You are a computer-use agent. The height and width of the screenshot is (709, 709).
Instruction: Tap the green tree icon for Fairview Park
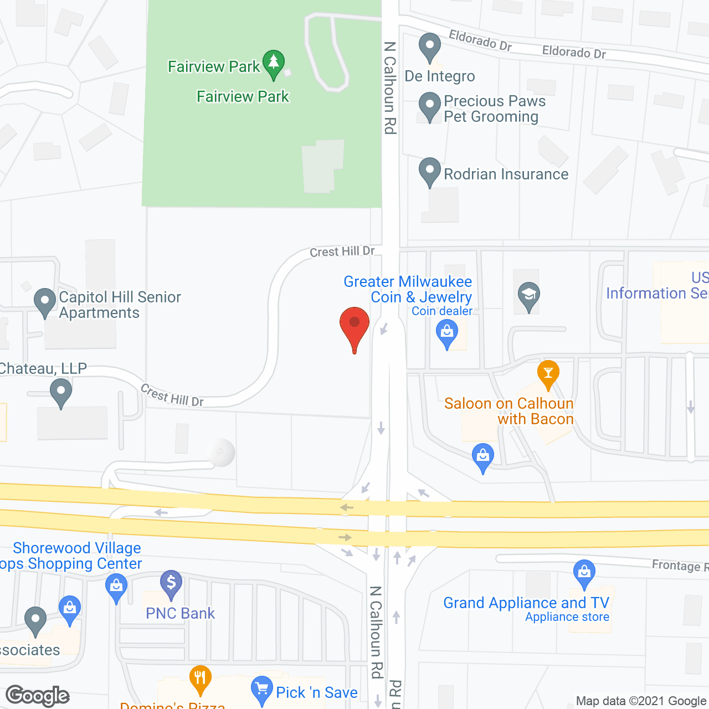tap(273, 63)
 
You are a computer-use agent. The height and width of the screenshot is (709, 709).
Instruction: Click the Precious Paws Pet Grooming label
tap(494, 109)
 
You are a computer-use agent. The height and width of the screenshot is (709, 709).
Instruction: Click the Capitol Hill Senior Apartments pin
tap(45, 302)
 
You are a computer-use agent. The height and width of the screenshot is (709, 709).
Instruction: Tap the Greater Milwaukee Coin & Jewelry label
tap(408, 289)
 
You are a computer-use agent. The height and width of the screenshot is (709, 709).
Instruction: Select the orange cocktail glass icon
tap(548, 374)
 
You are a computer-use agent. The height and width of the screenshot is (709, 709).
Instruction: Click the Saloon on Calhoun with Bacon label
tap(508, 411)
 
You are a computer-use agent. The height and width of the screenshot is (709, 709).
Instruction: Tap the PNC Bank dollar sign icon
tap(171, 584)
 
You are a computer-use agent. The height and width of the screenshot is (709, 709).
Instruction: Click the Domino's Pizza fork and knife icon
tap(200, 679)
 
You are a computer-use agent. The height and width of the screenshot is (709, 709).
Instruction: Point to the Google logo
tap(38, 696)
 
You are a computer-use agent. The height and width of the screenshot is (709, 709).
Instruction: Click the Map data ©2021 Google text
tap(641, 701)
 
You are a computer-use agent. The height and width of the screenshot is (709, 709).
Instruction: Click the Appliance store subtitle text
tap(567, 617)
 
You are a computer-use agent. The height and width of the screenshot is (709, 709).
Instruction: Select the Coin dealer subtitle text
tap(442, 311)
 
